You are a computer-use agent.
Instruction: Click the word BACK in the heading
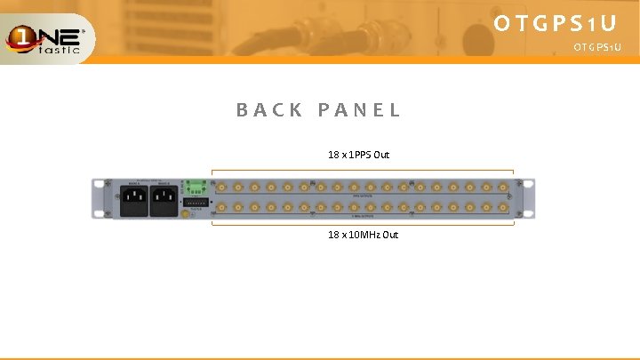click(x=264, y=111)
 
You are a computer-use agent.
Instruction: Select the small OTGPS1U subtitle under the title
click(x=597, y=46)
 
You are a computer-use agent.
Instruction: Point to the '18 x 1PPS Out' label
click(x=358, y=155)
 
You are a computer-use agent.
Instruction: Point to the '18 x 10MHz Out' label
click(x=363, y=235)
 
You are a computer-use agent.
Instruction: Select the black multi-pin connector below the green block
click(x=196, y=203)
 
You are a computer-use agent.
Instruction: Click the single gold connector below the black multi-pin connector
click(x=186, y=213)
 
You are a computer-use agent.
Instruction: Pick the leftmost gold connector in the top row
click(x=220, y=188)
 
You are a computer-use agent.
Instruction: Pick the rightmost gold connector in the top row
click(x=503, y=188)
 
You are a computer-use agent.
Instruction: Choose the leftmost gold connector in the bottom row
click(x=220, y=208)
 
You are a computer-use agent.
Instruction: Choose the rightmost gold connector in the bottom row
click(x=503, y=208)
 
